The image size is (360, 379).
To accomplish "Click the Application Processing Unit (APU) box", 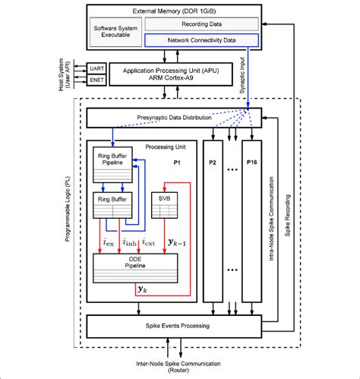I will coord(174,73).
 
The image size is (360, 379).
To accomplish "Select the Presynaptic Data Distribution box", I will coord(174,118).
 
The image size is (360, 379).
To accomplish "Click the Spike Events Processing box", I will coord(174,326).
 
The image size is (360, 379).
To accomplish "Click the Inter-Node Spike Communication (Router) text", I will coord(174,365).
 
